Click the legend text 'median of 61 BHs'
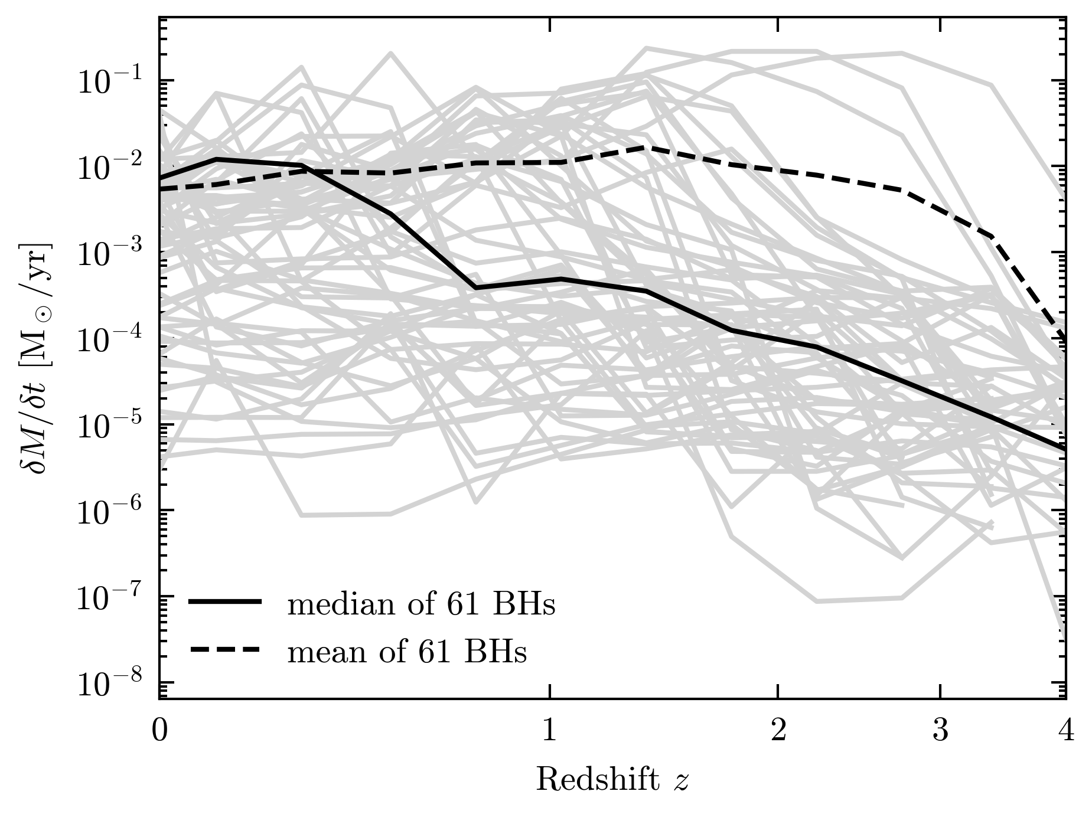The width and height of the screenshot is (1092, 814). pos(421,604)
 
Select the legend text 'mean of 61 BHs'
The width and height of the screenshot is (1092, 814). pos(407,652)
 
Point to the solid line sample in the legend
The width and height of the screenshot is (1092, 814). pos(225,601)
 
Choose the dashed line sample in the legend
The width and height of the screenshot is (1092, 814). pos(225,649)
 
